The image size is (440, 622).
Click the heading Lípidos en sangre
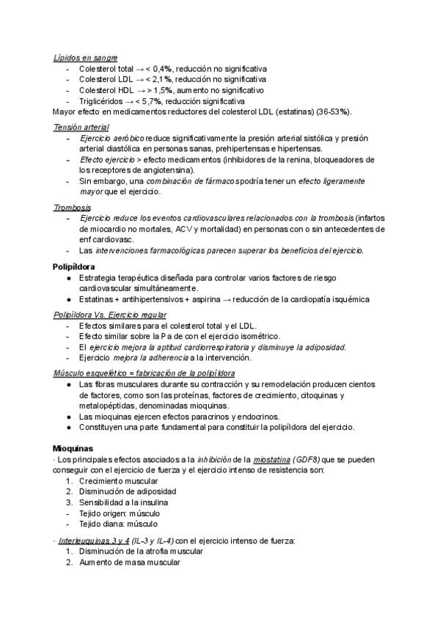[x=86, y=57]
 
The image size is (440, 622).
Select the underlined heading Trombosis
[x=72, y=208]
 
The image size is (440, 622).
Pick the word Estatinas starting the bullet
[x=97, y=299]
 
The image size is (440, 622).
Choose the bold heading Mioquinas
[x=73, y=447]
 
